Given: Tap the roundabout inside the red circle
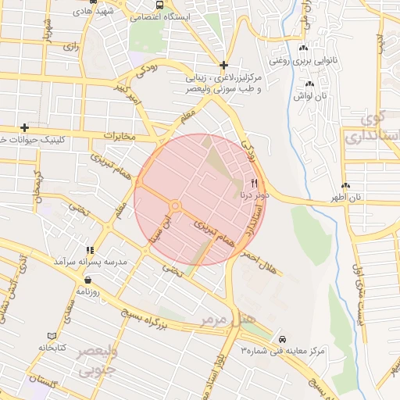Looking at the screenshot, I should [176, 206].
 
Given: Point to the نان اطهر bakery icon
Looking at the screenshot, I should [343, 186].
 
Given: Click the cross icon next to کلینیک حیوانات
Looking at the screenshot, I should [25, 127].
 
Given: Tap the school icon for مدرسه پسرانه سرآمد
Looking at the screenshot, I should [91, 250].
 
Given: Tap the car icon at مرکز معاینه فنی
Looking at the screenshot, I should [282, 340].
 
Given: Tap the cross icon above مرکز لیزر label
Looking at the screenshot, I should [224, 65].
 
